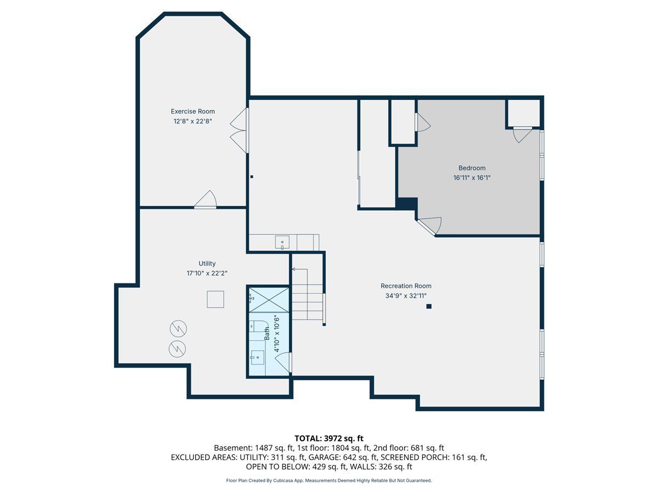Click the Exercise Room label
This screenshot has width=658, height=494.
pyautogui.click(x=193, y=111)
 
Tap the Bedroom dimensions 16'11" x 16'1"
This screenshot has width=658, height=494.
pyautogui.click(x=472, y=177)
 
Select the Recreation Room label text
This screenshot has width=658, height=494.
pyautogui.click(x=406, y=286)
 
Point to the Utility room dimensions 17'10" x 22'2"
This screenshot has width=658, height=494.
pyautogui.click(x=207, y=273)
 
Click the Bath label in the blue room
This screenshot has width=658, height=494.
pyautogui.click(x=267, y=333)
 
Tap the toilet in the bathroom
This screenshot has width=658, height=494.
pyautogui.click(x=257, y=325)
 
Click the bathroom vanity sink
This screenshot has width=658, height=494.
pyautogui.click(x=257, y=357)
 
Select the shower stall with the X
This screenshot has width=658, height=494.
pyautogui.click(x=269, y=300)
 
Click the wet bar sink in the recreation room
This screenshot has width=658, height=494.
pyautogui.click(x=282, y=243)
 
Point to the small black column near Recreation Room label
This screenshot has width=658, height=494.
pyautogui.click(x=429, y=306)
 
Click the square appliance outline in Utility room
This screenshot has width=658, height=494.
pyautogui.click(x=215, y=299)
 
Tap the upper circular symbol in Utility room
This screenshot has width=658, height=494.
pyautogui.click(x=178, y=328)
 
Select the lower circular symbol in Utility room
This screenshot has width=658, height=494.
pyautogui.click(x=178, y=349)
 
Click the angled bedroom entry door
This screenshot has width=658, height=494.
pyautogui.click(x=429, y=227)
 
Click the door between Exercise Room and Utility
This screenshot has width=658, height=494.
pyautogui.click(x=206, y=199)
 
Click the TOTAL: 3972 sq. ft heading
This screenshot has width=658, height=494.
pyautogui.click(x=329, y=438)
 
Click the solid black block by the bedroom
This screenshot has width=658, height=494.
pyautogui.click(x=407, y=204)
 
